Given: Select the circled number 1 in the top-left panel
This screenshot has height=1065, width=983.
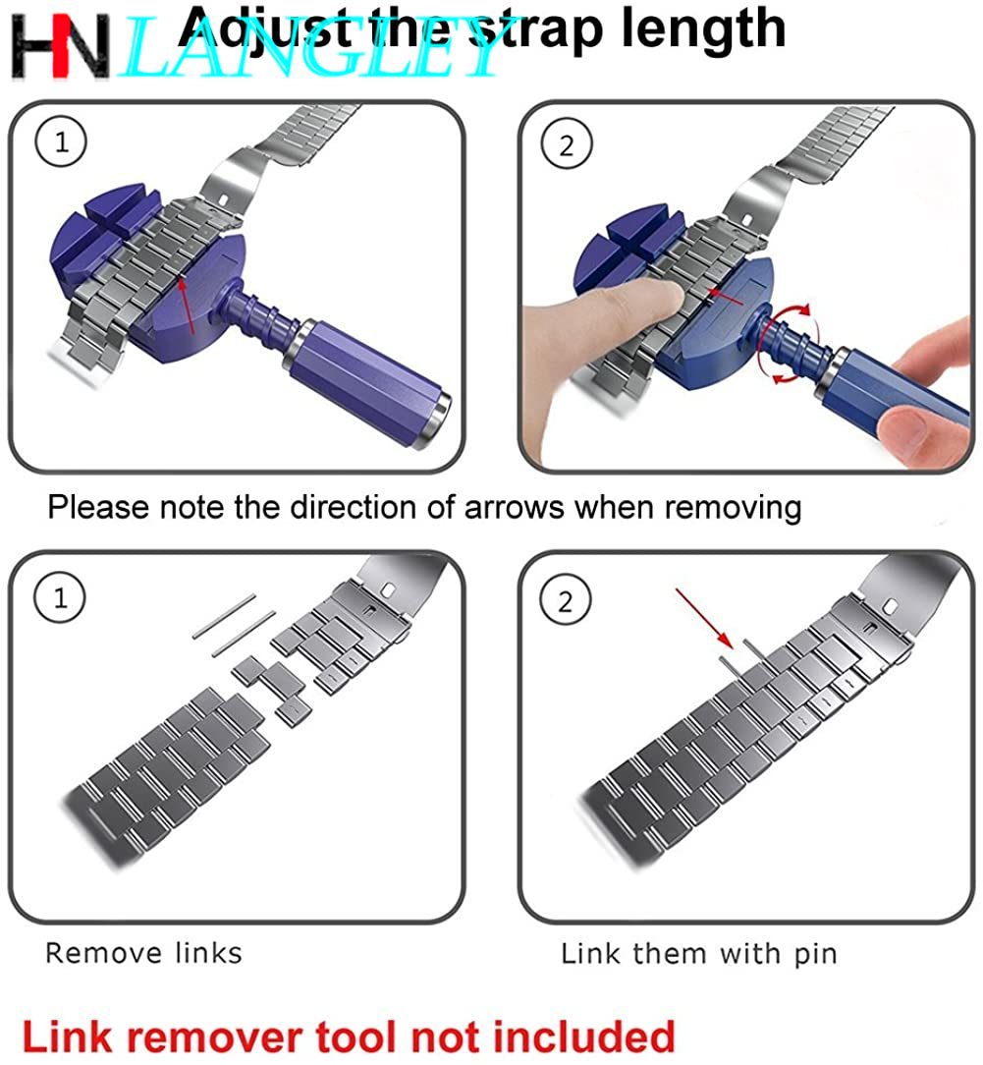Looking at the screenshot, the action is tap(61, 141).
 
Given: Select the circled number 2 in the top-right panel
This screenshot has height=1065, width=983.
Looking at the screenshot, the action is tap(567, 144).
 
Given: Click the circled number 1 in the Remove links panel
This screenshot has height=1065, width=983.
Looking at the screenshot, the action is tap(60, 598).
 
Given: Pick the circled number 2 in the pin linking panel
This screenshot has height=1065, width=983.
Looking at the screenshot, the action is tap(565, 601).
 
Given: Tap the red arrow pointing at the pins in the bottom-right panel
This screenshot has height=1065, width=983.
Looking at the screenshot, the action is tap(703, 618).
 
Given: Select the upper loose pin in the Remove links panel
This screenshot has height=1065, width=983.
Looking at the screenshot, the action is tap(225, 616).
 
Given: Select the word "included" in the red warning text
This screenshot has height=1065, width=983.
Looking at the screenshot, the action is tap(583, 1037).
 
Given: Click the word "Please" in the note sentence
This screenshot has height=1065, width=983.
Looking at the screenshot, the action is tap(98, 507).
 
